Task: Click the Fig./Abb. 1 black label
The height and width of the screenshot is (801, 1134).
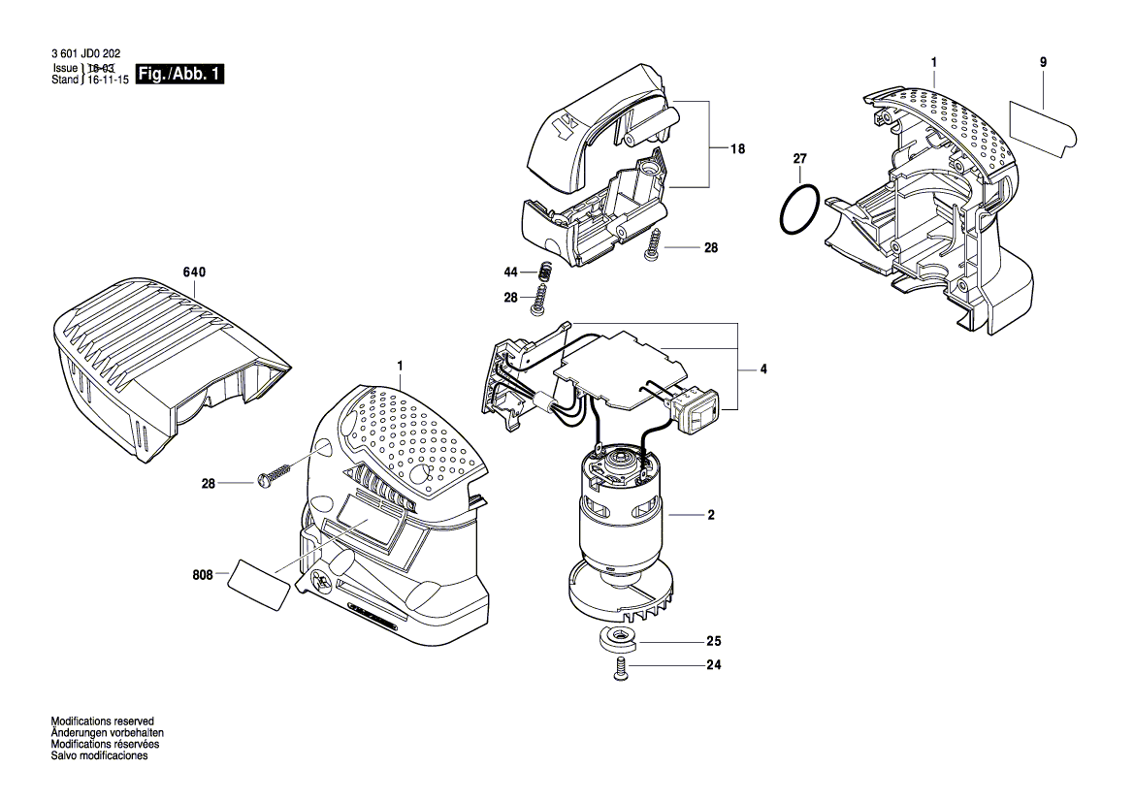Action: (181, 75)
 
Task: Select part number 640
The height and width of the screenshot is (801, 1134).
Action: (194, 273)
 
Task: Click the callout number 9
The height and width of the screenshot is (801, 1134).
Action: (1043, 62)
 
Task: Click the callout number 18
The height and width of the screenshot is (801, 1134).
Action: (737, 148)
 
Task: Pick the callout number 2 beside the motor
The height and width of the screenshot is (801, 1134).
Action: (710, 515)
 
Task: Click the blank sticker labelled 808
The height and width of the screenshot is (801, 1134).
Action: (259, 584)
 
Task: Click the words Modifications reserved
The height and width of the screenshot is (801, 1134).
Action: (103, 722)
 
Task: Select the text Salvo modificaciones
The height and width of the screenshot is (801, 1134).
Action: (99, 756)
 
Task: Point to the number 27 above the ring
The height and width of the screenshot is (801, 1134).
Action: (799, 158)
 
